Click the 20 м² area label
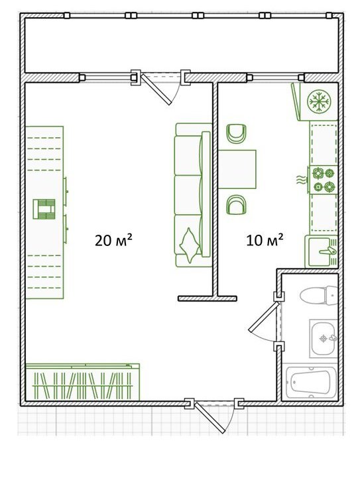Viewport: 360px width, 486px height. (x=113, y=240)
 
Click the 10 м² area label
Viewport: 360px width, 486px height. (x=265, y=240)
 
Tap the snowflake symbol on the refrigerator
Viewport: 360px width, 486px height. (x=319, y=101)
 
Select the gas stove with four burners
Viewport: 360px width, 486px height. (x=324, y=180)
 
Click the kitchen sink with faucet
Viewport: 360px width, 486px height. (x=322, y=251)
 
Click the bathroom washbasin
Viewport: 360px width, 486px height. (x=324, y=339)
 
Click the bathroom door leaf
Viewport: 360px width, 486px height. (x=264, y=317)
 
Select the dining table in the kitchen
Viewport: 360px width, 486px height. (x=237, y=169)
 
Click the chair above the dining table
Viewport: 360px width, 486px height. (x=236, y=133)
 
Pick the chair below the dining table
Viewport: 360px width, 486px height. (x=236, y=205)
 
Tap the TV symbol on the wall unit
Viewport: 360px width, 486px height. (x=44, y=209)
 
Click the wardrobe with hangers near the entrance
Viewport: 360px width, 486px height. (x=82, y=382)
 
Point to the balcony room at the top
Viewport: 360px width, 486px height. (x=181, y=46)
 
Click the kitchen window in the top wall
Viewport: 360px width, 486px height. (x=275, y=77)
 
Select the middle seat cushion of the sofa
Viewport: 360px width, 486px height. (x=188, y=195)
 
